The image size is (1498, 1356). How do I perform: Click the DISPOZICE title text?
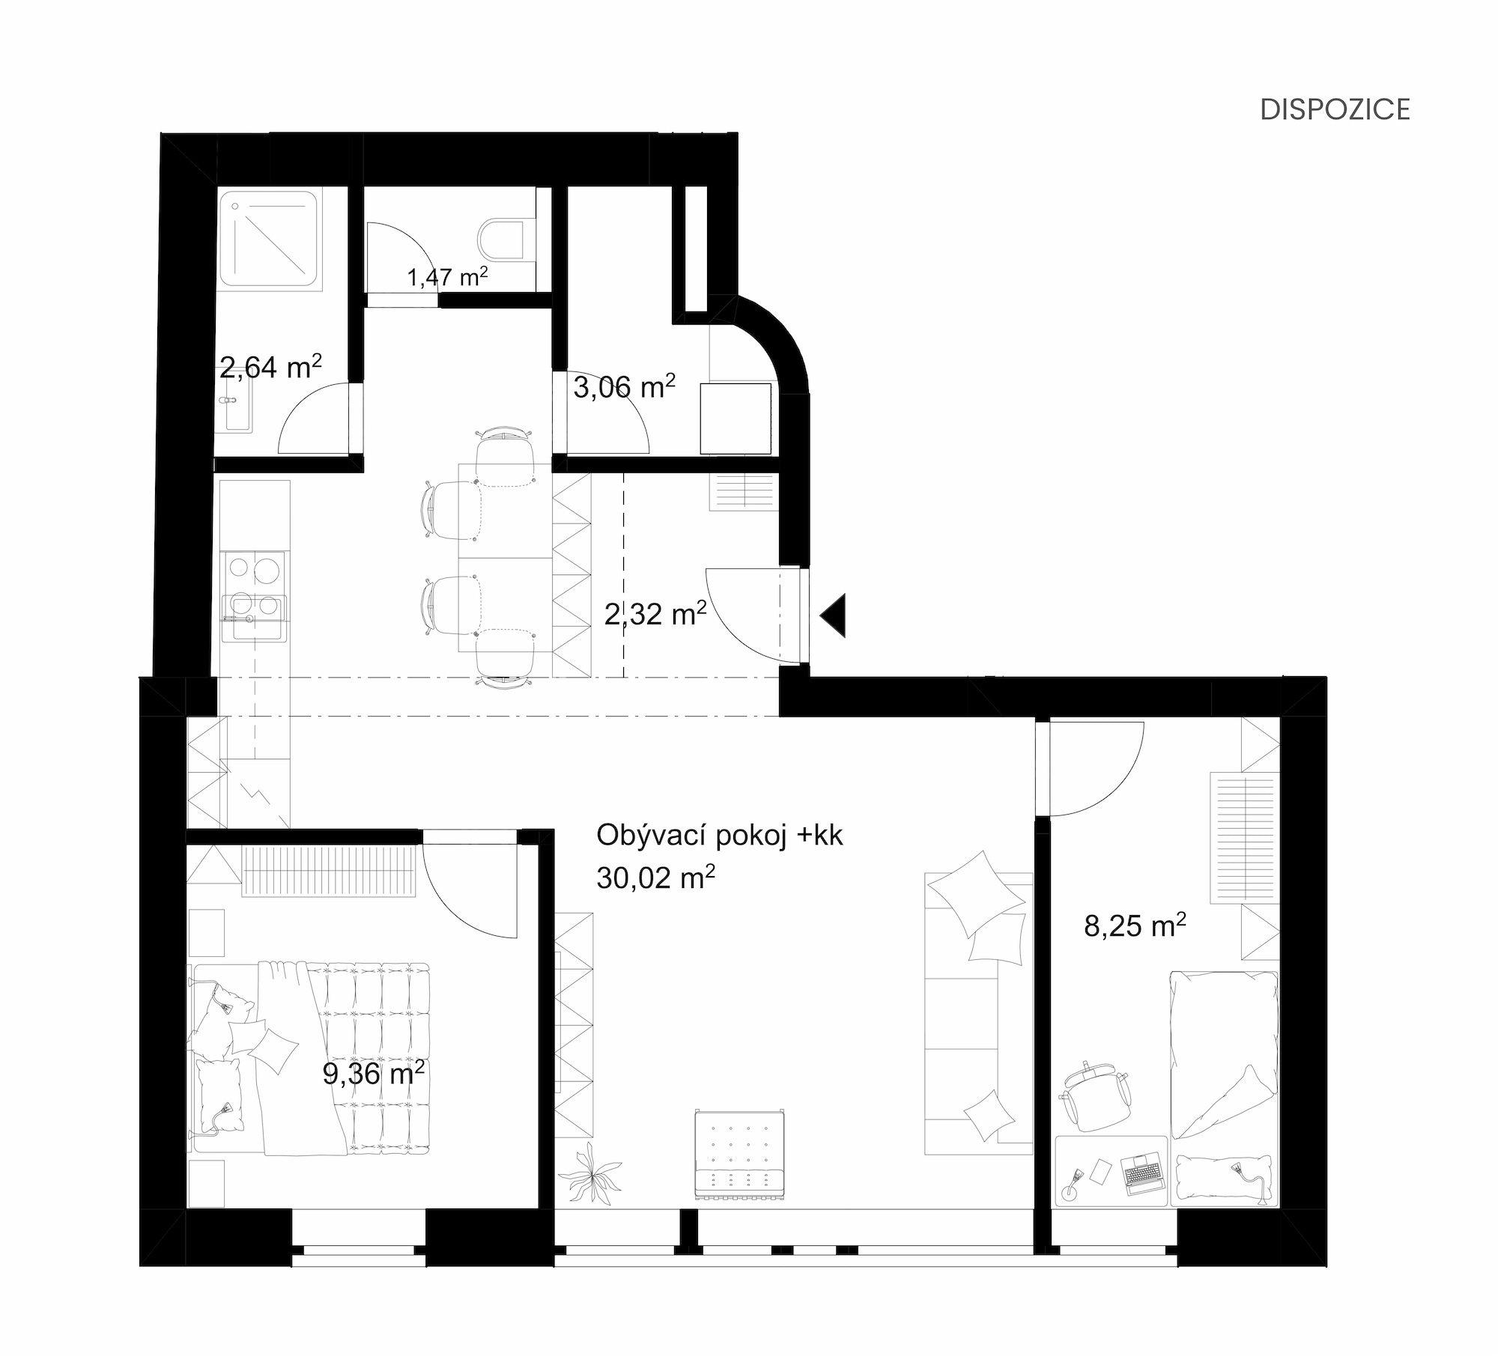[1335, 109]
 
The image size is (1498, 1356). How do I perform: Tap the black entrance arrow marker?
[834, 615]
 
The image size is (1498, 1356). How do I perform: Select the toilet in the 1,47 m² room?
[506, 239]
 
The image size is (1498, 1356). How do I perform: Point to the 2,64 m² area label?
[271, 367]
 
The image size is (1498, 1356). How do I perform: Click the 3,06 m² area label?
[625, 387]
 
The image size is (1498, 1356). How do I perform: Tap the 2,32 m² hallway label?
[655, 614]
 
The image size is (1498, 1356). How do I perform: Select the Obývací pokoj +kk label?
[720, 835]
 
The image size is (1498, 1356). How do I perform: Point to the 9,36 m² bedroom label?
[374, 1074]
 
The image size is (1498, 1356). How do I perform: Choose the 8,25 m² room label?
[1135, 926]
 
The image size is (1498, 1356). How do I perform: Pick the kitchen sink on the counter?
[253, 618]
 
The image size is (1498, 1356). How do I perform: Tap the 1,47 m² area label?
[448, 278]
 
